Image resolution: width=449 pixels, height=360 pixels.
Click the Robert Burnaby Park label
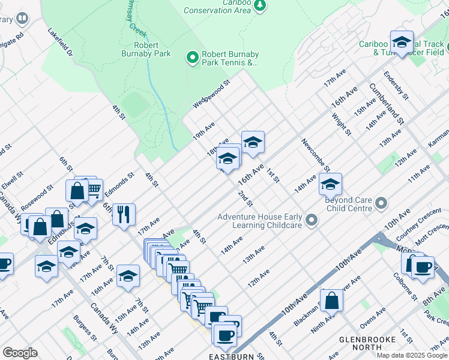[x=146, y=49]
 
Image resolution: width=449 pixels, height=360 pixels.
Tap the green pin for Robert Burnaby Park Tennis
[x=192, y=58]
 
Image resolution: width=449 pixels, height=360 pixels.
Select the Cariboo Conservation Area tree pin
[x=259, y=6]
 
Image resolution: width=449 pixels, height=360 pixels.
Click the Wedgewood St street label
[x=211, y=95]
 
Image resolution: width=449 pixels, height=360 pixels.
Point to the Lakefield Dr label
[x=60, y=43]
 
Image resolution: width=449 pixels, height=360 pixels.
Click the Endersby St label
[x=396, y=85]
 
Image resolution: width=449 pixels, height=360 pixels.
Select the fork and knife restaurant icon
[x=124, y=214]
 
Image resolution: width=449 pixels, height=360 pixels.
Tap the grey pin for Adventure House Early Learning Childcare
[x=311, y=221]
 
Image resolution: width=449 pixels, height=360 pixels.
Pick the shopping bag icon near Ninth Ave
[x=331, y=299]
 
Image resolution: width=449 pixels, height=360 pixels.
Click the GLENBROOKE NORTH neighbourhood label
[x=367, y=343]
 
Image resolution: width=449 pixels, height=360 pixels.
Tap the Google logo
[x=20, y=353]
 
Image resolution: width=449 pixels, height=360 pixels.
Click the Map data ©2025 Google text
[x=412, y=355]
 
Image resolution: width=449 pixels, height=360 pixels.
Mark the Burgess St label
[x=85, y=328]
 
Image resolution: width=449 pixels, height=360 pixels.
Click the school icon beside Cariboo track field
[x=402, y=42]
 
